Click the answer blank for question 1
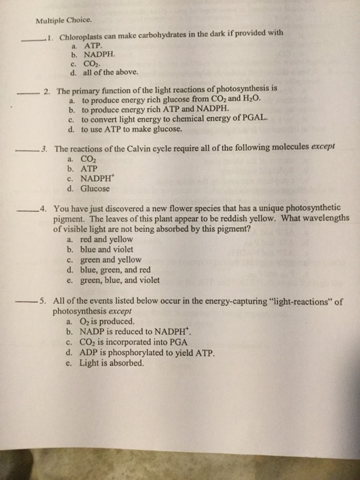coord(32,39)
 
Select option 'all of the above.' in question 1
coord(112,71)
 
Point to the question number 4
coord(43,210)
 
